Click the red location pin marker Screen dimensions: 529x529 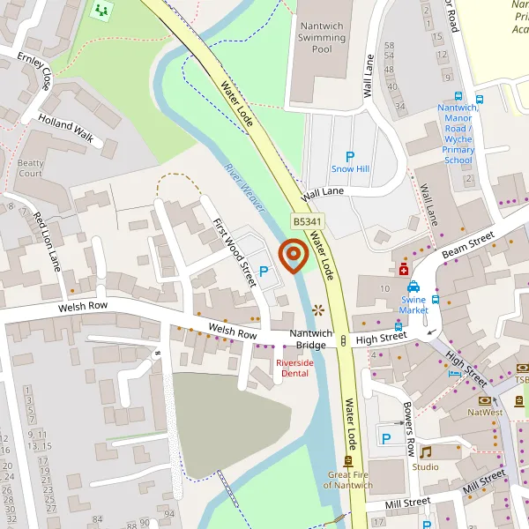[x=293, y=257]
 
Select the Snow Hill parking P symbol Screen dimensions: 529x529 [x=350, y=156]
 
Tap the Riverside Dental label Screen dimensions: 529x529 [x=294, y=368]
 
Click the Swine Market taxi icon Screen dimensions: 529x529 [x=414, y=287]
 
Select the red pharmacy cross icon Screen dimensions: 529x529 [x=403, y=269]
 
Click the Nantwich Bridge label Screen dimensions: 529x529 [x=312, y=339]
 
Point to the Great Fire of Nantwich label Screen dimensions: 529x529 [x=349, y=481]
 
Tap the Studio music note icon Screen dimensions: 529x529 [x=425, y=452]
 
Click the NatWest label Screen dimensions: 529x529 [x=484, y=412]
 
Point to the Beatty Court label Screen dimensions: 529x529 [x=30, y=168]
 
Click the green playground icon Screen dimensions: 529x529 [x=101, y=11]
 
